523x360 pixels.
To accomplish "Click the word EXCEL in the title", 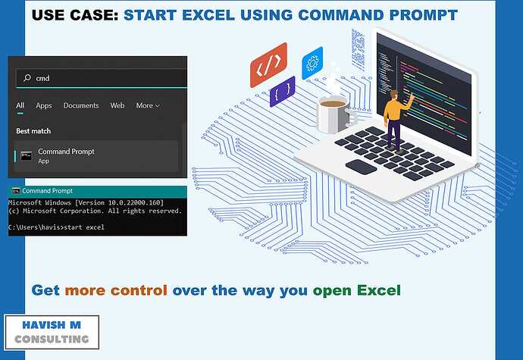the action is (208, 15).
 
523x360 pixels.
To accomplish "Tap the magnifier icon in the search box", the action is (27, 78).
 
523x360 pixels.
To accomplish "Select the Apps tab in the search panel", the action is (44, 105).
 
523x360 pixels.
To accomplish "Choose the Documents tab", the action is (81, 105).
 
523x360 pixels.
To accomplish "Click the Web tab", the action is (117, 105).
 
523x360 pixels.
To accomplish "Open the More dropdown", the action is (148, 105).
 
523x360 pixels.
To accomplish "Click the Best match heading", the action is (33, 131).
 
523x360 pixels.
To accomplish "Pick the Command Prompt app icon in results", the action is (26, 155).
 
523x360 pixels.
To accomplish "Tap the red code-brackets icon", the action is (269, 65).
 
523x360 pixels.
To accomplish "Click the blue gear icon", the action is (312, 64).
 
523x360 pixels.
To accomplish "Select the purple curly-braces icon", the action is (283, 92).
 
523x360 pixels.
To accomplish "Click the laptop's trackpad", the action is (361, 167).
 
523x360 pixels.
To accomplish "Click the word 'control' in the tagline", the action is (139, 290).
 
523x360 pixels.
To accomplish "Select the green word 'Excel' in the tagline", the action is (378, 290).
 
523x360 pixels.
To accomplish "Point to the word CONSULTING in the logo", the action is (52, 340).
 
